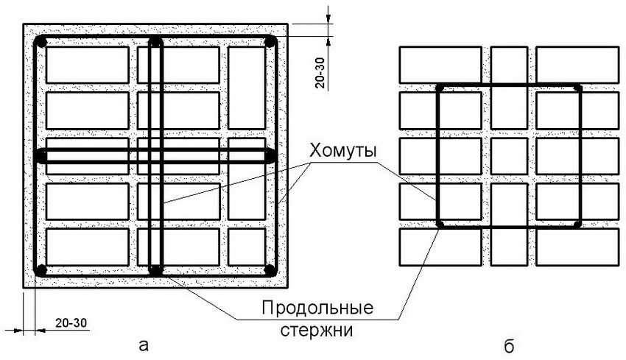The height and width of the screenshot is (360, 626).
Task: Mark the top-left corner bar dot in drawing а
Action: coord(42,43)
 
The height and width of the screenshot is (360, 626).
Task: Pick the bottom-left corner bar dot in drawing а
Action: coord(41,269)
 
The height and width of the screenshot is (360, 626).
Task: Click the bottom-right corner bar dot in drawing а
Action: coord(270,269)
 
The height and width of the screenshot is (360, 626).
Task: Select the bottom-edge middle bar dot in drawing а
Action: coord(155,270)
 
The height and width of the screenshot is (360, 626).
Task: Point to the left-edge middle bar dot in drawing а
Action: coord(41,156)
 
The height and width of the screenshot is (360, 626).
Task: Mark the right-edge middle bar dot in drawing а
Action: coord(270,156)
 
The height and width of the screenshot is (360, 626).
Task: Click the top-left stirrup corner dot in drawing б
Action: coord(440,88)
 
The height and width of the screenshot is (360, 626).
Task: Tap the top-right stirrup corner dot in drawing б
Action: coord(578,88)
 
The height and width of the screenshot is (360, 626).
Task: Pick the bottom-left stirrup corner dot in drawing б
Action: coord(440,223)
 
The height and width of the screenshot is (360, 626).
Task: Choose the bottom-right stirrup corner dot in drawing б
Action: coord(578,223)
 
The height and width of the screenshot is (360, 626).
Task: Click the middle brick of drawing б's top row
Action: coord(509,65)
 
